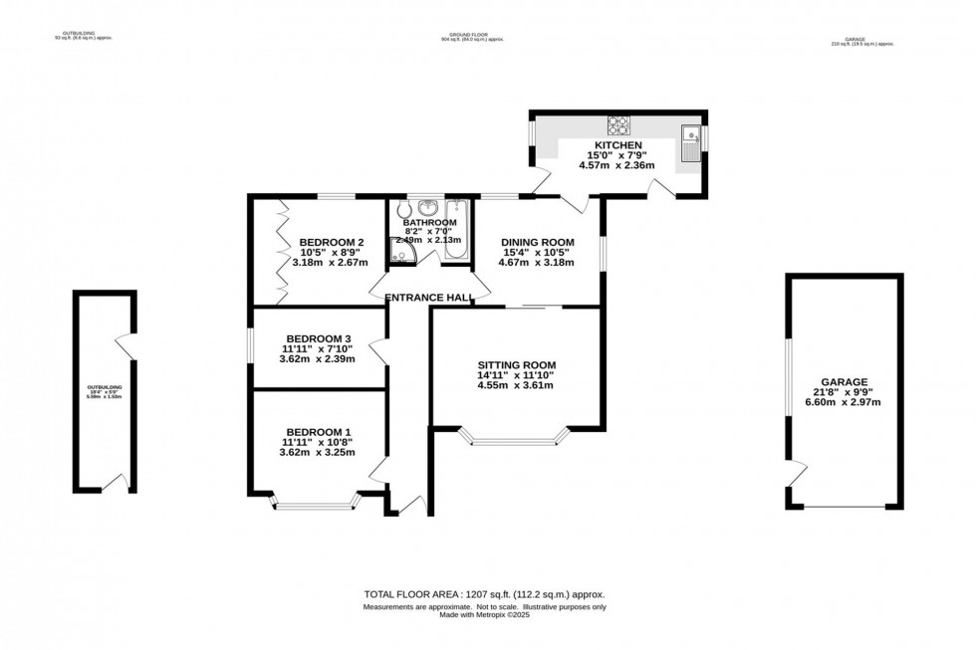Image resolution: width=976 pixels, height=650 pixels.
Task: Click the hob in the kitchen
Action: click(x=617, y=125)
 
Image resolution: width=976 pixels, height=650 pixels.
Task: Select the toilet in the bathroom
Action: click(x=402, y=211)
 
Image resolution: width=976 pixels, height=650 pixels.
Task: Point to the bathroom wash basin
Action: click(x=428, y=207)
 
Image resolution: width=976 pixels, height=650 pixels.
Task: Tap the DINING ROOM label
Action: click(x=538, y=242)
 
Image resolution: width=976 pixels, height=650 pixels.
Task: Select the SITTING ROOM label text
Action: click(x=515, y=364)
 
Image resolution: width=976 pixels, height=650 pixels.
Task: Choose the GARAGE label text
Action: click(x=845, y=381)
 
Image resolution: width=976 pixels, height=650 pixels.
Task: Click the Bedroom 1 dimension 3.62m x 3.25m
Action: click(x=314, y=451)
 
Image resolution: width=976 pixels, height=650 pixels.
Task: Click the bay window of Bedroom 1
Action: click(x=314, y=506)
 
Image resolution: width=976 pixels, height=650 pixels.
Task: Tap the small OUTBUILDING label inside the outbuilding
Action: click(x=103, y=387)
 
